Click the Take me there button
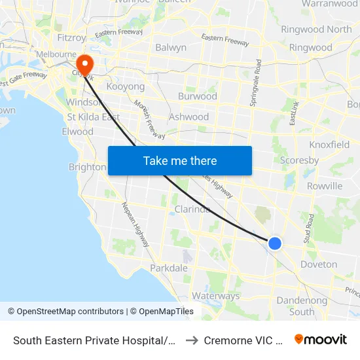[179, 160]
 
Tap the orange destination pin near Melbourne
[84, 64]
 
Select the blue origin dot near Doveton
[275, 243]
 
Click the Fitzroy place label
[71, 38]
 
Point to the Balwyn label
[171, 47]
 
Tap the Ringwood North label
[316, 29]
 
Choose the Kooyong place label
[125, 86]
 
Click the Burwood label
[197, 96]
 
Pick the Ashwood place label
[189, 117]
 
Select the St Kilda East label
[94, 117]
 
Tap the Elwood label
[77, 132]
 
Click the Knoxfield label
[333, 144]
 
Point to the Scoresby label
[299, 160]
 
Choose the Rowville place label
[325, 186]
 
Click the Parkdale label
[169, 268]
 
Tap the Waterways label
[215, 296]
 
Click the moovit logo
[321, 340]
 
